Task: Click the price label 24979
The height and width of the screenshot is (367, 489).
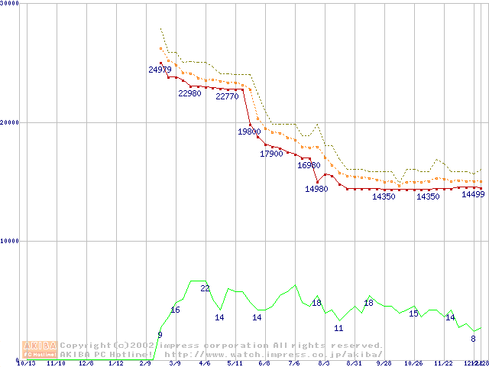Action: tap(160, 70)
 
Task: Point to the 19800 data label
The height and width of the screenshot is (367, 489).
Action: tap(249, 132)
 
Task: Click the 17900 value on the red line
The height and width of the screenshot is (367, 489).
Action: tap(271, 154)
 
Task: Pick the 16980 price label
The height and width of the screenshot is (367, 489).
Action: tap(309, 165)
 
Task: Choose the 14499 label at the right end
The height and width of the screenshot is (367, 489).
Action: tap(473, 194)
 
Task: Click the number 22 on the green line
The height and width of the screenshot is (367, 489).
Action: tap(205, 288)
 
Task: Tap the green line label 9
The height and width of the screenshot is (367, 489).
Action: tap(160, 335)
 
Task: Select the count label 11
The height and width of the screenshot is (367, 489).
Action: tap(338, 328)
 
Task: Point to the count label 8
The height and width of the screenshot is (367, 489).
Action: tap(473, 339)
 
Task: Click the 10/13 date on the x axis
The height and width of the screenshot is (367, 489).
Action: tap(26, 363)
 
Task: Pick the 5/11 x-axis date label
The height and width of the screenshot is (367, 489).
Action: tap(235, 363)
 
